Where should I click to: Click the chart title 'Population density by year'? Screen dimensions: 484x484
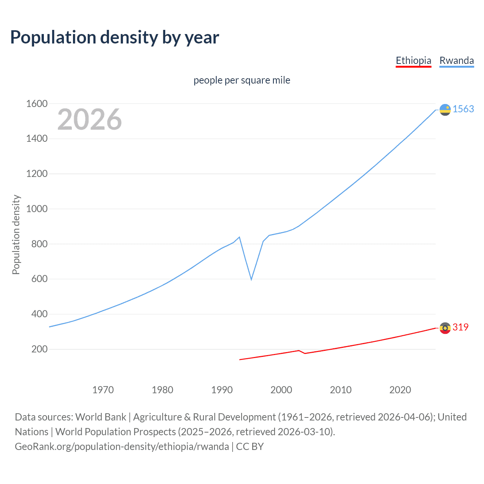coord(115,37)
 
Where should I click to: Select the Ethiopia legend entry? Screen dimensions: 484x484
coord(413,60)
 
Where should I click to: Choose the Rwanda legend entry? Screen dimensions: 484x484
coord(456,60)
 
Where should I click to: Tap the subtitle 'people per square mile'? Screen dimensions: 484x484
coord(242,81)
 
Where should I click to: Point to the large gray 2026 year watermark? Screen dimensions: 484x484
coord(90,119)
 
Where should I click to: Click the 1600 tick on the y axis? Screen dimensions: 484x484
coord(37,104)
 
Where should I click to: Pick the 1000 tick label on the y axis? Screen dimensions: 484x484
coord(37,209)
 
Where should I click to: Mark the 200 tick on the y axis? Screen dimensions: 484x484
coord(39,349)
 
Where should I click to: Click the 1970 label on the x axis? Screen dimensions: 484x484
coord(103,390)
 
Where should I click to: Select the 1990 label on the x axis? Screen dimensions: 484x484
coord(222,390)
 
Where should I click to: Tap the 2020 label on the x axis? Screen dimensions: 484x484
coord(400,390)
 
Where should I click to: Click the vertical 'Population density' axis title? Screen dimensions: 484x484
coord(16,234)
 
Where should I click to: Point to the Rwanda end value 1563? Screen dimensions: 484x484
coord(463,109)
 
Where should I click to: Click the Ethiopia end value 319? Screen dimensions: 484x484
coord(460,327)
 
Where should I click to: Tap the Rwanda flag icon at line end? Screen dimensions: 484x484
coord(445,110)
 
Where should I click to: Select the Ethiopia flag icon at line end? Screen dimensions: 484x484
coord(445,328)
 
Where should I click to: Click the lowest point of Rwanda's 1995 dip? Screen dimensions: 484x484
coord(251,279)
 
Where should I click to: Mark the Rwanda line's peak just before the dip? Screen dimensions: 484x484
coord(239,237)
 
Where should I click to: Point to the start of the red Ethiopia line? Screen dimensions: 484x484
coord(240,360)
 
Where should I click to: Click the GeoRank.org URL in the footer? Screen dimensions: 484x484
coord(122,447)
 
